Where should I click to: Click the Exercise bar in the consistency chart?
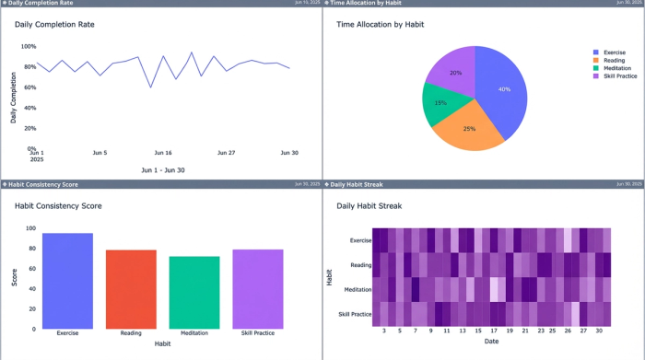click(x=67, y=281)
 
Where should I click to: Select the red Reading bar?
click(x=131, y=289)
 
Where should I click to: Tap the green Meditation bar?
click(x=194, y=292)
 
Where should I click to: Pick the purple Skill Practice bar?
click(x=258, y=289)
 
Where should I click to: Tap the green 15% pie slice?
click(x=441, y=102)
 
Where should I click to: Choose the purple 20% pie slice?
click(x=454, y=72)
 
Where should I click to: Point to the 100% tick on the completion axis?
click(x=29, y=46)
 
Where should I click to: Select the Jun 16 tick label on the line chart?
click(x=163, y=153)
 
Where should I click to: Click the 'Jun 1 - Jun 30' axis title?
click(x=163, y=170)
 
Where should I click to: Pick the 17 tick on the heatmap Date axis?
click(x=494, y=330)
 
